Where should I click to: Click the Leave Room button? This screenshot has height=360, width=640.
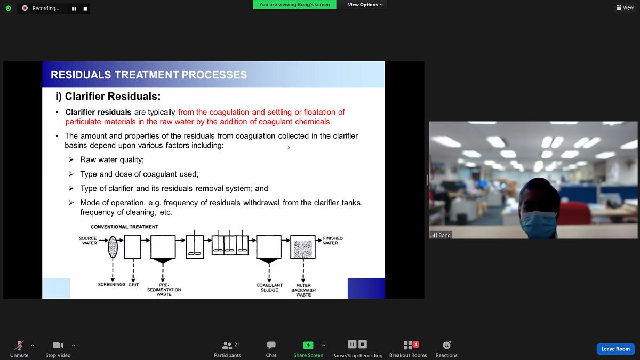coord(615,349)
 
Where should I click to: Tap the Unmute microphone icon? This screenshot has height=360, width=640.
coord(19,345)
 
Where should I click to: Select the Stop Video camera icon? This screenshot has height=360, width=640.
coord(58,346)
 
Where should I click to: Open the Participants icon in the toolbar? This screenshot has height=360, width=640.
coord(227,346)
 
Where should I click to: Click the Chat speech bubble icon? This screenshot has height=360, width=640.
coord(271,345)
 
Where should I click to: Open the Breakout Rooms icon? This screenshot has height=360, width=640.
coord(408,345)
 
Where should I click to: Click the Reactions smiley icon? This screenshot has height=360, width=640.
coord(446,345)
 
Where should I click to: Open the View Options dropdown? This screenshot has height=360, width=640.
coord(365,5)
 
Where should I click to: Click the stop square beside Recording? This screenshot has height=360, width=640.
coord(85,9)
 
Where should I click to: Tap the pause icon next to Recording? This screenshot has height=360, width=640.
coord(74,9)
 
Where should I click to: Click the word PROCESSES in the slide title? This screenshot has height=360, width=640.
coord(214,75)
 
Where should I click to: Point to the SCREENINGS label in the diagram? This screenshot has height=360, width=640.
coord(111,285)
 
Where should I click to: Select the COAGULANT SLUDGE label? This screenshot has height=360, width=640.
coord(269,287)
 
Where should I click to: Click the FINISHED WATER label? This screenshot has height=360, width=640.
coord(333,241)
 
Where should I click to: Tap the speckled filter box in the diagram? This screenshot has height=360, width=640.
coord(303,247)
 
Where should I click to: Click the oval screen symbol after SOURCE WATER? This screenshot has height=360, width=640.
coord(113,247)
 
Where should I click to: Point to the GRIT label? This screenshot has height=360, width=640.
coord(133,285)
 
